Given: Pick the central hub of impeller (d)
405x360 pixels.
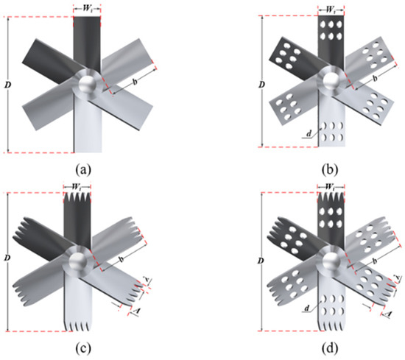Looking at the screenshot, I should coord(328,259).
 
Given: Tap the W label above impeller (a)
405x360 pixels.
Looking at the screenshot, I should coord(86,10).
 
